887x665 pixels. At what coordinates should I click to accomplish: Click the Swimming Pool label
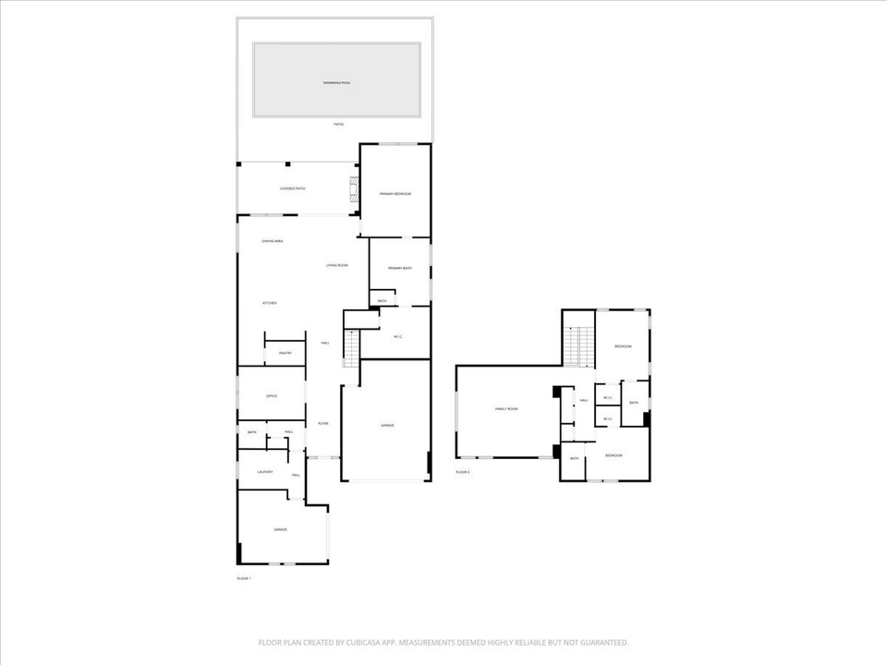coord(337,83)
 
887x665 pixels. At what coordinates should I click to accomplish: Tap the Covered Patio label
coord(293,188)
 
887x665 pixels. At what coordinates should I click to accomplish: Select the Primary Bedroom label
coord(395,194)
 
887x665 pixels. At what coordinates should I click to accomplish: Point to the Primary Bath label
coord(399,268)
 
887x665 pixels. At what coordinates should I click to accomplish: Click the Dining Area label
coord(272,241)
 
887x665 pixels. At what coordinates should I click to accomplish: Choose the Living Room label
coord(336,266)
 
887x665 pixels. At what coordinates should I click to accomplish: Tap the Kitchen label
coord(270,303)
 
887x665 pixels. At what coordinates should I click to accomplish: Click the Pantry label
coord(286,353)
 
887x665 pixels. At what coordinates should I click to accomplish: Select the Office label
coord(272,396)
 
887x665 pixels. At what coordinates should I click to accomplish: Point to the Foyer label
coord(323,424)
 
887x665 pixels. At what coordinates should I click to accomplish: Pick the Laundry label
coord(265,472)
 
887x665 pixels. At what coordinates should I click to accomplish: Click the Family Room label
coord(506,408)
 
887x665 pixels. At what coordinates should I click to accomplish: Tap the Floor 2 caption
coord(463,472)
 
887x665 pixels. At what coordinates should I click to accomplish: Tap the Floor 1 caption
coord(244,578)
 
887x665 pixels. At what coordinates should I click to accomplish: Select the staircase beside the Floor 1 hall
coord(350,348)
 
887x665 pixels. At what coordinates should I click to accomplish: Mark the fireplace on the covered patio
coord(353,191)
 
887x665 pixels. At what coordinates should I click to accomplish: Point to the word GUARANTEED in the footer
coord(601,643)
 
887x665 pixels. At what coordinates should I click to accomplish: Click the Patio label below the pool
coord(339,124)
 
